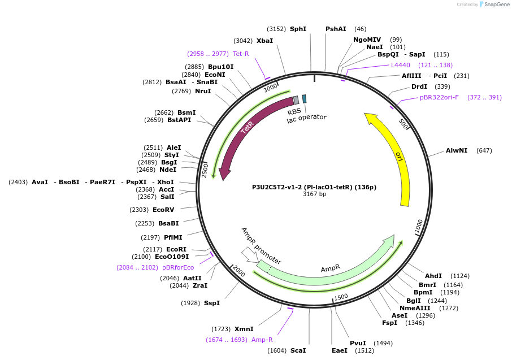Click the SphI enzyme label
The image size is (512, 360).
pyautogui.click(x=298, y=29)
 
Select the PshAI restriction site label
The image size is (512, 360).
pyautogui.click(x=336, y=29)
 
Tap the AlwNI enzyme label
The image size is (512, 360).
pyautogui.click(x=457, y=150)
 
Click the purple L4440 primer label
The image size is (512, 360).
pyautogui.click(x=401, y=65)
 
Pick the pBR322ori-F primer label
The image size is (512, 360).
pyautogui.click(x=440, y=97)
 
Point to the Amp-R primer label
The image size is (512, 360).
pyautogui.click(x=262, y=340)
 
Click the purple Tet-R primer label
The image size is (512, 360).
pyautogui.click(x=241, y=54)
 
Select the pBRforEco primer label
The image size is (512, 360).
pyautogui.click(x=178, y=267)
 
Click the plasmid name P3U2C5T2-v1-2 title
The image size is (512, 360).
pyautogui.click(x=314, y=187)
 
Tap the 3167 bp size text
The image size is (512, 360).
pyautogui.click(x=314, y=194)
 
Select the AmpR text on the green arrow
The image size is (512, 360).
pyautogui.click(x=331, y=268)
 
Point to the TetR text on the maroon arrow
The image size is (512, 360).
pyautogui.click(x=247, y=128)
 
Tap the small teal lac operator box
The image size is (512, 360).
pyautogui.click(x=304, y=98)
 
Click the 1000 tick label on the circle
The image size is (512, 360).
pyautogui.click(x=418, y=226)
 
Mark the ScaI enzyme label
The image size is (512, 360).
pyautogui.click(x=298, y=350)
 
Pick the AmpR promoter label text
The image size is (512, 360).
pyautogui.click(x=261, y=246)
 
